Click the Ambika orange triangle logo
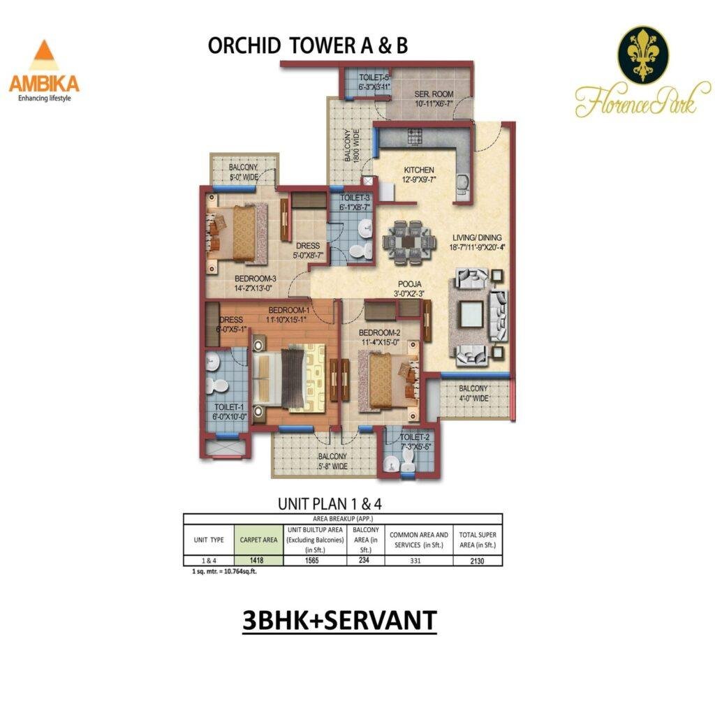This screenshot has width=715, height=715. click(43, 56)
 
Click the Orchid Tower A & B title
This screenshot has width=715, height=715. click(308, 45)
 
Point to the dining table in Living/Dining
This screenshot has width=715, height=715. click(406, 242)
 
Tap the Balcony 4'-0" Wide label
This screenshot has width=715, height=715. click(473, 394)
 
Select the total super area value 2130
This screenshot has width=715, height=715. click(477, 560)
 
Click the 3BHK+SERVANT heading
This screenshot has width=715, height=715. click(339, 621)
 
